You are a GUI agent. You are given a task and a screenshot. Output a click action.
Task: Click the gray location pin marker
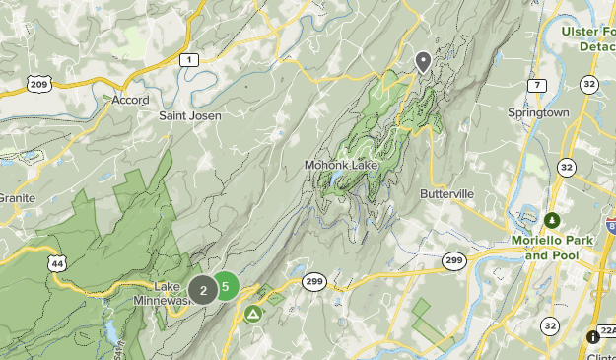click(423, 62)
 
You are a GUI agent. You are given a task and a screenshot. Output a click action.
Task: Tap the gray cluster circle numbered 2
click(204, 290)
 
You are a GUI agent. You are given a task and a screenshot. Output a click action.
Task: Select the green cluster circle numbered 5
click(226, 287)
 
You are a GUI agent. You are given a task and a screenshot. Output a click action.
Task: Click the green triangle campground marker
click(253, 315)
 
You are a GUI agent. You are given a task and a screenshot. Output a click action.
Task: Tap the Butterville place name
click(448, 194)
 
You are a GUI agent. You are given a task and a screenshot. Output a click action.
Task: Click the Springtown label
click(538, 113)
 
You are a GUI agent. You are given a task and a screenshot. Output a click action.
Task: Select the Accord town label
click(130, 100)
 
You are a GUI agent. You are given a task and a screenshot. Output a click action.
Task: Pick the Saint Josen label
click(190, 115)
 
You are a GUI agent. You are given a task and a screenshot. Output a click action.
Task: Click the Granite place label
click(17, 198)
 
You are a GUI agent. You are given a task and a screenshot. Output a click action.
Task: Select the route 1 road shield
click(186, 60)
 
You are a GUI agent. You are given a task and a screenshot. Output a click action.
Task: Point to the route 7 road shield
click(536, 86)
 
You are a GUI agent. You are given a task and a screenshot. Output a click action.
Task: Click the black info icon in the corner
click(592, 337)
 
